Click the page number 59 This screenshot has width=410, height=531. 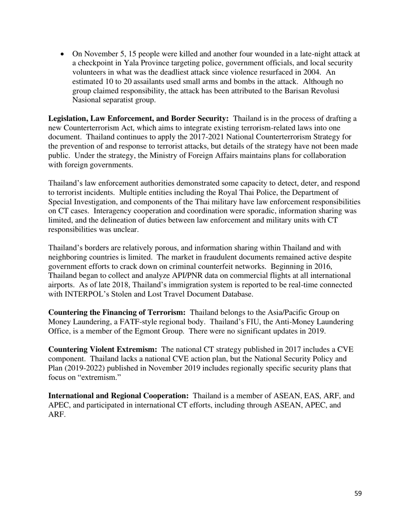[x=358, y=493]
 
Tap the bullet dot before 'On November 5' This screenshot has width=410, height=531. [x=63, y=54]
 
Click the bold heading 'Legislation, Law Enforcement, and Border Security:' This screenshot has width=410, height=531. [x=138, y=119]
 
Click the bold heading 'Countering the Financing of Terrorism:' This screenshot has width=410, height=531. [x=117, y=313]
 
